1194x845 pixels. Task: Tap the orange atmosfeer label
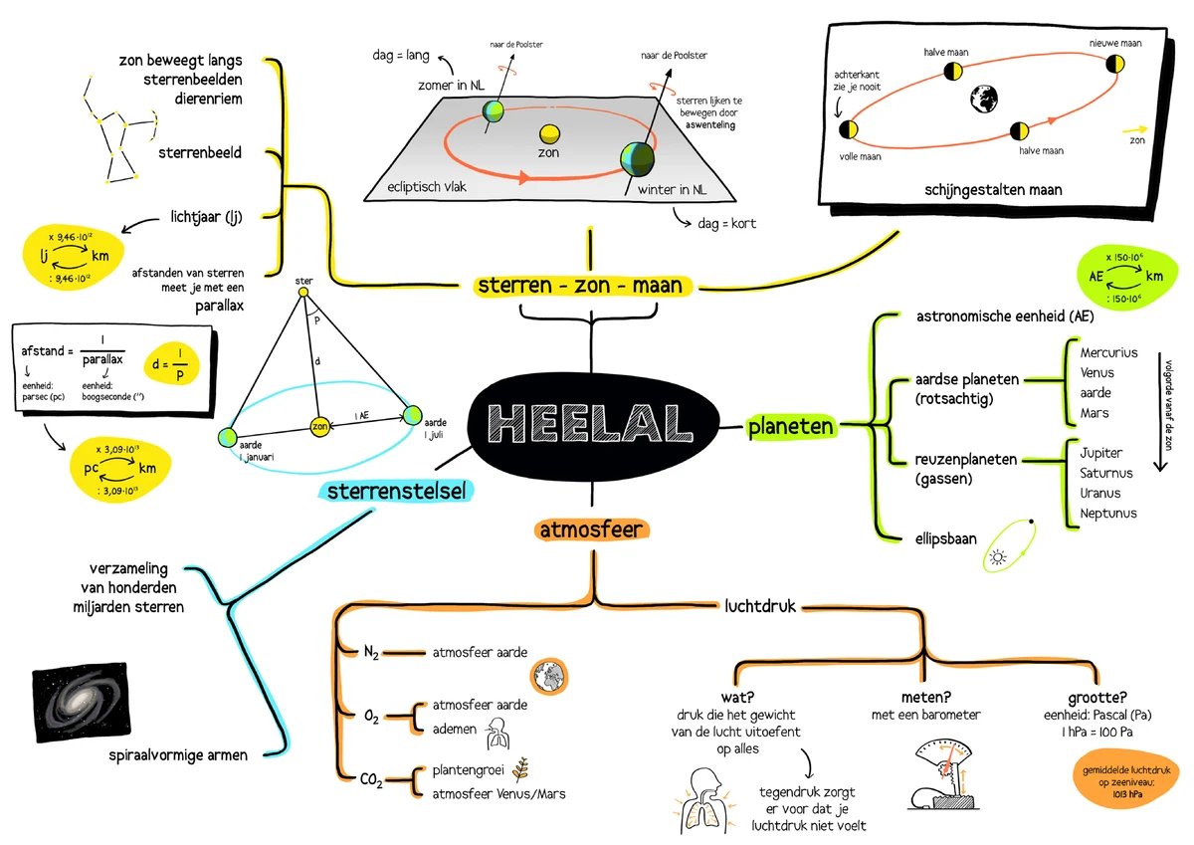click(592, 529)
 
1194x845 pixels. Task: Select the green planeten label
click(790, 427)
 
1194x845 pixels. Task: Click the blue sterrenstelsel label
click(395, 491)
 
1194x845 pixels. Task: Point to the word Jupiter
click(1100, 453)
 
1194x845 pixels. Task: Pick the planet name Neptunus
click(1107, 514)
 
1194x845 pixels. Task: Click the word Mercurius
click(1108, 352)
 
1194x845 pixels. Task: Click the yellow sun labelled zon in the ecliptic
click(548, 134)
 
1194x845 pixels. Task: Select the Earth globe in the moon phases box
click(985, 97)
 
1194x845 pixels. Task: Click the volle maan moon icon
click(849, 129)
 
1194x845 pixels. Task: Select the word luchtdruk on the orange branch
click(759, 605)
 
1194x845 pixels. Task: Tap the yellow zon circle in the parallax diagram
click(319, 427)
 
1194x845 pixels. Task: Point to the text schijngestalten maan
click(1006, 189)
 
